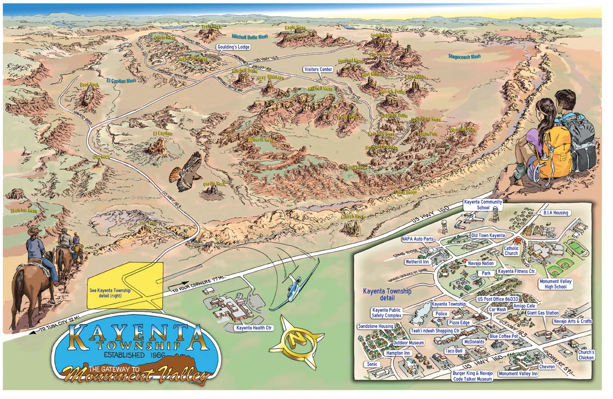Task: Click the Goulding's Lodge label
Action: [x=233, y=47]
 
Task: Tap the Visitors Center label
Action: [x=318, y=69]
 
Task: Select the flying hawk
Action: [x=187, y=172]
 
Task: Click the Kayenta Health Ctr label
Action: [x=253, y=328]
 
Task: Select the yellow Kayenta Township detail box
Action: [x=125, y=286]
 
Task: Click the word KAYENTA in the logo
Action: [x=136, y=335]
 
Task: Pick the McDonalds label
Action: [x=474, y=342]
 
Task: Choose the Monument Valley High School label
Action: [x=556, y=284]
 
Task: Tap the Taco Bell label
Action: [x=453, y=350]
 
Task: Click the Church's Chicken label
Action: [x=586, y=355]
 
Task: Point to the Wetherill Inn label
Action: [x=417, y=261]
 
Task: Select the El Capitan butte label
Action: [x=162, y=133]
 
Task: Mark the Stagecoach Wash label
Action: [x=464, y=57]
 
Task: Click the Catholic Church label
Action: [x=511, y=251]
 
